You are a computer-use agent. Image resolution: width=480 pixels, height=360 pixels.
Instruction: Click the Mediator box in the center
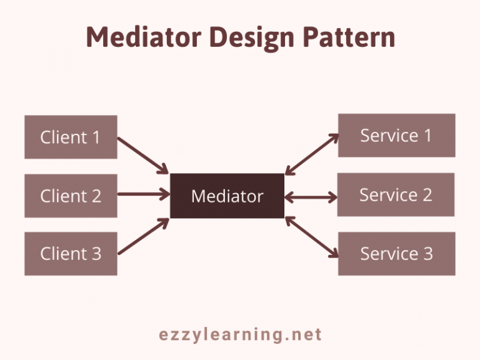coord(227,196)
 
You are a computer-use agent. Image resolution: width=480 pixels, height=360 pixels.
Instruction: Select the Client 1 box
coord(71,137)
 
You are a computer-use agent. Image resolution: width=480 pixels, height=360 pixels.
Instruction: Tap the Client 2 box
coord(71,196)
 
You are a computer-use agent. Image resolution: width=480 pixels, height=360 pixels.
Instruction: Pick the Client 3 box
coord(71,254)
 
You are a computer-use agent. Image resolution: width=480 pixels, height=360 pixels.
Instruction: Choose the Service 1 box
coord(397,135)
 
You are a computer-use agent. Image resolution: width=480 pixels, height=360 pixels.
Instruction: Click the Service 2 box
coord(396,195)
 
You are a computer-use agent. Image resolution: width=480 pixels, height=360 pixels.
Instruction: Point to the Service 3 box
coord(397,254)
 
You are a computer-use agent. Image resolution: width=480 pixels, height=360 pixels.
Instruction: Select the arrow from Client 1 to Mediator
coord(143,156)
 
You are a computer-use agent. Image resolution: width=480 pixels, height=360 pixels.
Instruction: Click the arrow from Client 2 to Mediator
coord(144,194)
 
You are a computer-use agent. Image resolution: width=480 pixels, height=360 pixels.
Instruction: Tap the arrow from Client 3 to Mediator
coord(144,236)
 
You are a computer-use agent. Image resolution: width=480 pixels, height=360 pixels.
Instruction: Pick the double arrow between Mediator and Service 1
coord(312,154)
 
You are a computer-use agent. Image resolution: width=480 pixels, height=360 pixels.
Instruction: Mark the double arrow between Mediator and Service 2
coord(311,197)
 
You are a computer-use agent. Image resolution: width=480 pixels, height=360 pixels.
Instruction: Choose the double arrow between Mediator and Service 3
coord(312,237)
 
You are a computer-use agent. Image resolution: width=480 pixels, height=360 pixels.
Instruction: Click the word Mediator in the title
coord(144,37)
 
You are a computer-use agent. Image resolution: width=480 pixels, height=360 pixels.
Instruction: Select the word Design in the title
coord(252,38)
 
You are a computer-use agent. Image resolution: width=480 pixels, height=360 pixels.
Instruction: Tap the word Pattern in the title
coord(349,37)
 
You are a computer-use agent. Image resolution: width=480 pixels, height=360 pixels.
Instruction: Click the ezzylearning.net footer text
coord(240,334)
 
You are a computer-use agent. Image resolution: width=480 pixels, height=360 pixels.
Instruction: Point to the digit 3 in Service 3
coord(427,254)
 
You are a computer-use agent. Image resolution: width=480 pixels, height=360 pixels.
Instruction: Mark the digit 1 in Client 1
coord(96,137)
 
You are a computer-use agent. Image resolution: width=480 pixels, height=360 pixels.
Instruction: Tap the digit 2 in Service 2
coord(427,195)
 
